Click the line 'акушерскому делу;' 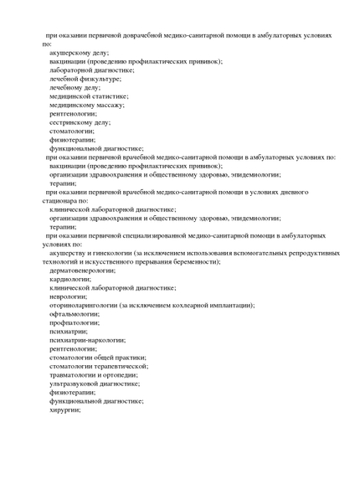point(79,53)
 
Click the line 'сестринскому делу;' point(80,122)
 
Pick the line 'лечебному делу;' point(75,87)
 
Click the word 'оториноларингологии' point(83,305)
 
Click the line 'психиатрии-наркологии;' point(87,340)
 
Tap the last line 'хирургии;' point(64,409)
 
